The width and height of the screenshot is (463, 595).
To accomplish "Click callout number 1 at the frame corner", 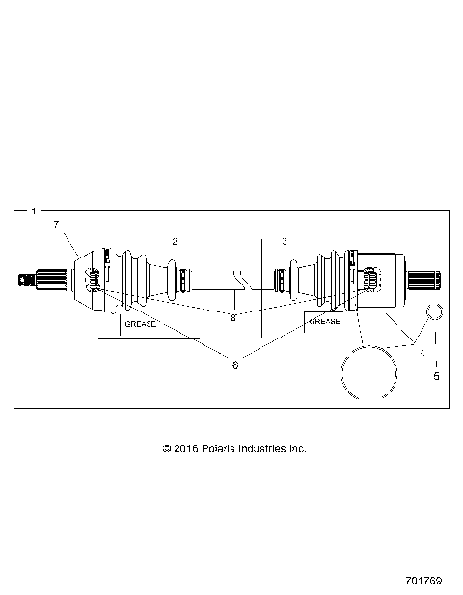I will point(34,210).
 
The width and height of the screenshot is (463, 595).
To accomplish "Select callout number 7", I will point(56,224).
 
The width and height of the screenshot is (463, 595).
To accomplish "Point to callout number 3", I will point(284,240).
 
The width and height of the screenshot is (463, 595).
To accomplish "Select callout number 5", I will point(435,376).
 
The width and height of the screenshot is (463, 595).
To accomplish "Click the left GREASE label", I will point(138,326).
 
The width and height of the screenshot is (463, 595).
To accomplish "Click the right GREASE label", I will point(323,321).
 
